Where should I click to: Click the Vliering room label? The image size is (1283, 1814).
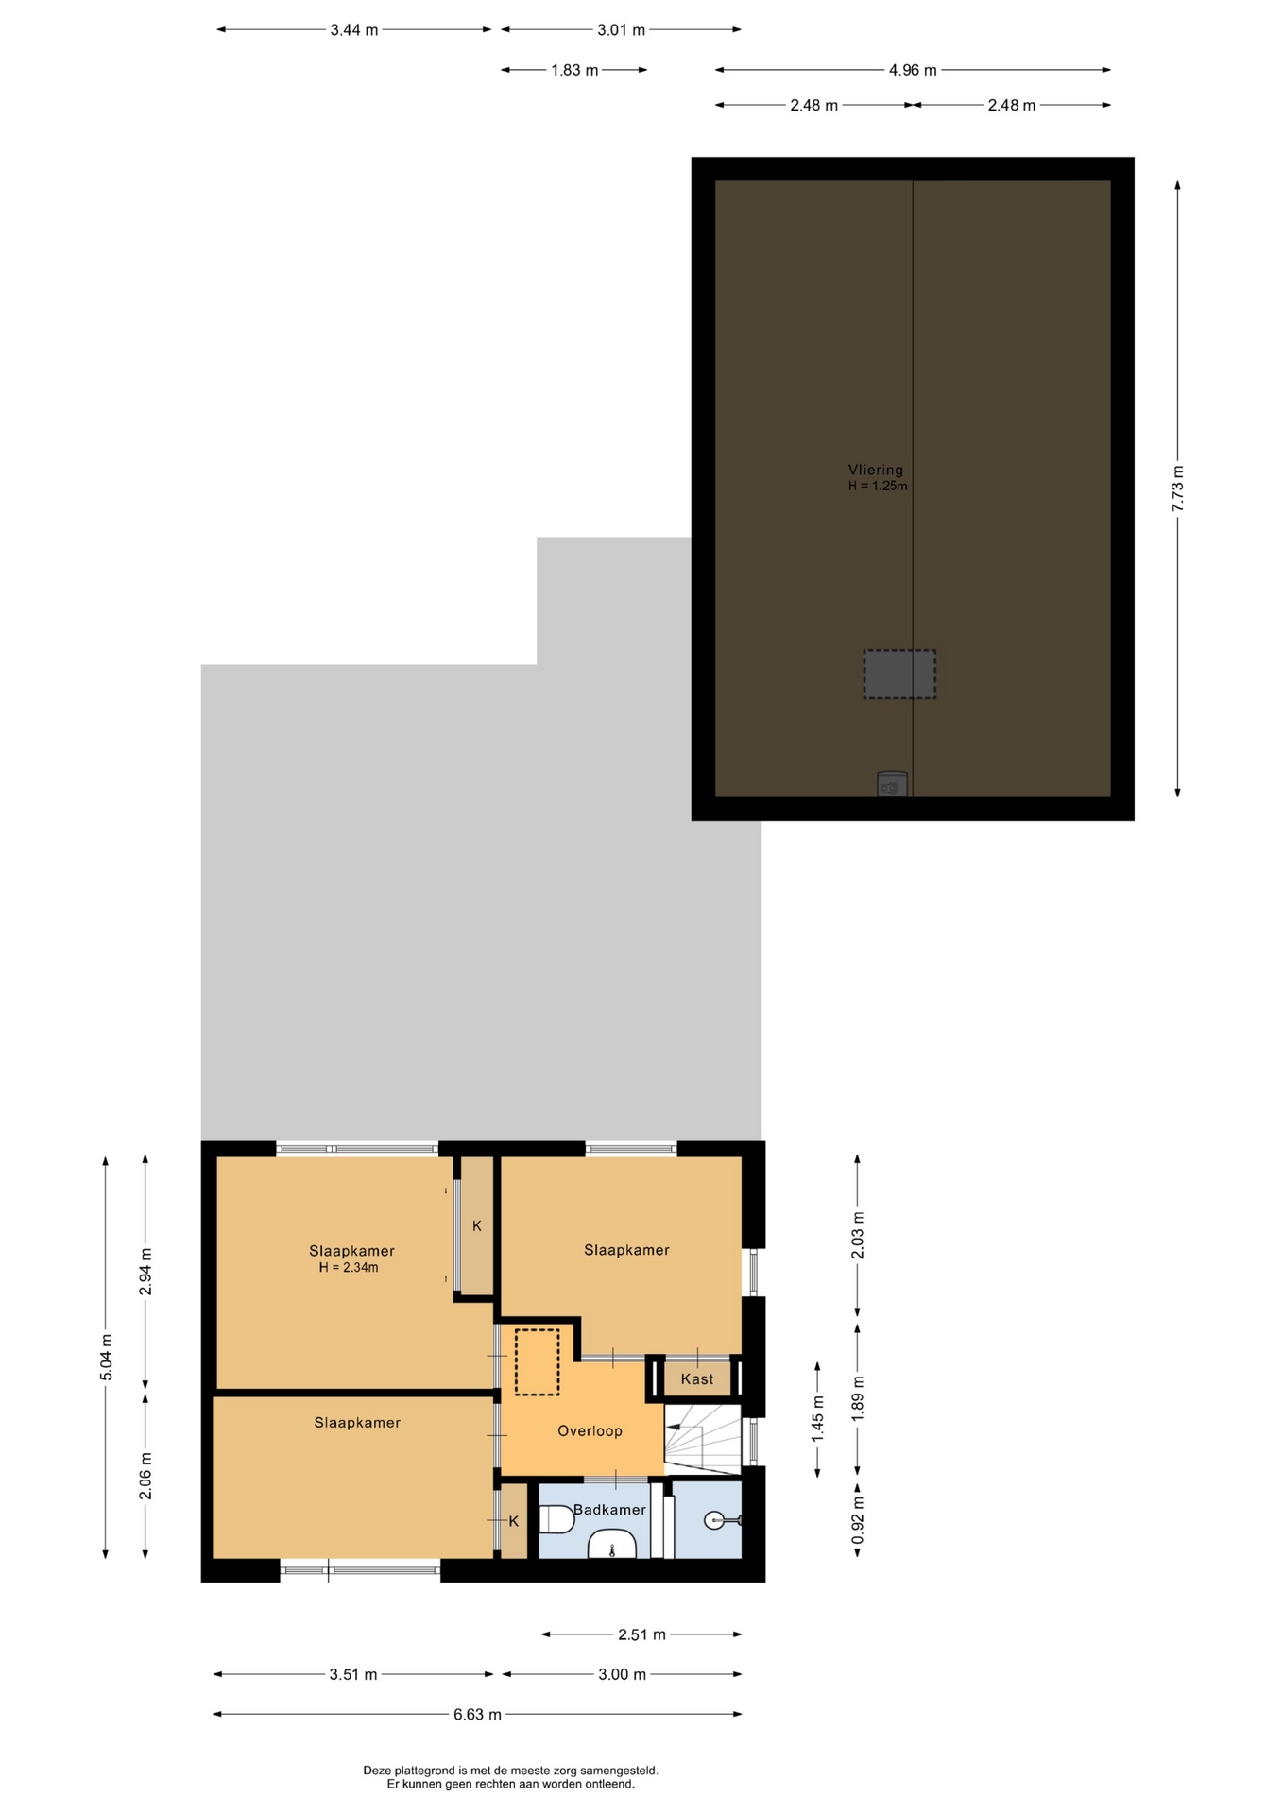875,470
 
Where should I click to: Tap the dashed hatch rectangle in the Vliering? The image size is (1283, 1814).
899,675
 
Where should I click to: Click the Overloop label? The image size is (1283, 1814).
590,1431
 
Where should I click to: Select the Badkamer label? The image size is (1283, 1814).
609,1510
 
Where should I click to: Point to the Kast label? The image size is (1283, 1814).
697,1379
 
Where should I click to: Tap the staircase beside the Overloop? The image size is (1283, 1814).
703,1439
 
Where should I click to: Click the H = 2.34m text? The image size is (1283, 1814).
349,1268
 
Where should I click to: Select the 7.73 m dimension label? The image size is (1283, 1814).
1178,489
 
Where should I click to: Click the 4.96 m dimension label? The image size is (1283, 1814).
913,70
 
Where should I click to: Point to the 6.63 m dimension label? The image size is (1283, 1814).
477,1715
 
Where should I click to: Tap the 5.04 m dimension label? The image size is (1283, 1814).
106,1358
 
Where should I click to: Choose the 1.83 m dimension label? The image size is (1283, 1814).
574,70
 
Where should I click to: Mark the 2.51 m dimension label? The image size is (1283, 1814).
641,1634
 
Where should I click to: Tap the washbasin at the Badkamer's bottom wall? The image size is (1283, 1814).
612,1546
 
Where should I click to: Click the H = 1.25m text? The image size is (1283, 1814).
878,487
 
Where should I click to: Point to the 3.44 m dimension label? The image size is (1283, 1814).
354,30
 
